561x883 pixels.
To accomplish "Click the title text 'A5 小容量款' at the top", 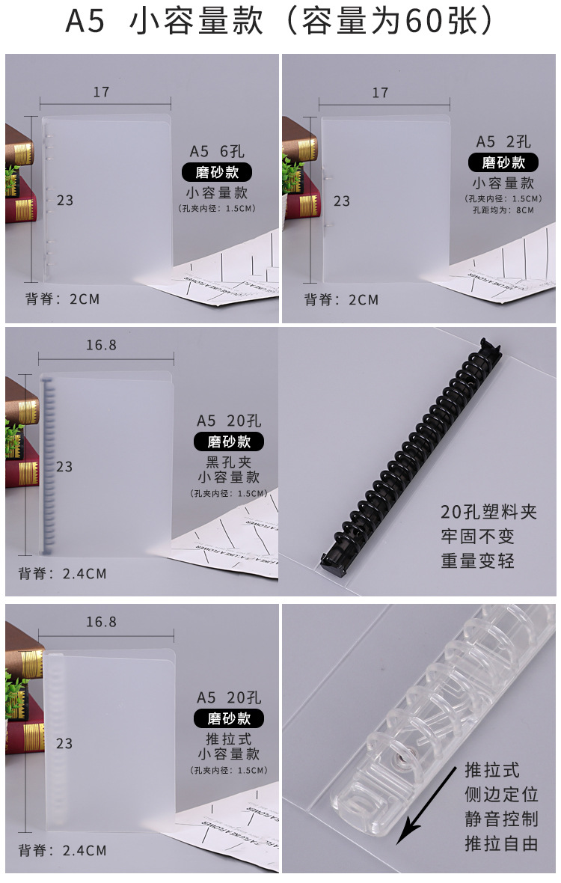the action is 164,21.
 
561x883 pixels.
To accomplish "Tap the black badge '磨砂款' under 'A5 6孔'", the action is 217,172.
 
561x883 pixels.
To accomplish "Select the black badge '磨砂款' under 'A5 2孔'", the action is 503,162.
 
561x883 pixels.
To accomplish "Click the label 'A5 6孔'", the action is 217,151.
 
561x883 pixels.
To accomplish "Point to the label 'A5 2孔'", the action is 503,141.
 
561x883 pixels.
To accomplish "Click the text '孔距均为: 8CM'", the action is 503,210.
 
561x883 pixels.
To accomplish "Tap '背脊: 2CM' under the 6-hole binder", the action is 63,299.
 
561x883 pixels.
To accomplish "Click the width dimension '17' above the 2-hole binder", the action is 381,92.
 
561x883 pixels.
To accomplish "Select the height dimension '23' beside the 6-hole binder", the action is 65,201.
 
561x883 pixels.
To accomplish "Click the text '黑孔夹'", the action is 228,462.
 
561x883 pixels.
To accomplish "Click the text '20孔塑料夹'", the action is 488,512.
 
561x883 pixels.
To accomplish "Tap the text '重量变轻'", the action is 478,561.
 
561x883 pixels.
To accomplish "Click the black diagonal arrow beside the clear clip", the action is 426,806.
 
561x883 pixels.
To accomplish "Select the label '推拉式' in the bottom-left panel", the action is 228,739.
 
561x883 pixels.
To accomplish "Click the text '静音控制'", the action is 501,819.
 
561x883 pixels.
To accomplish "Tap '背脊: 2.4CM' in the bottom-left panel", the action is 63,850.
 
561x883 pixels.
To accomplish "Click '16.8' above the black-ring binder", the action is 101,345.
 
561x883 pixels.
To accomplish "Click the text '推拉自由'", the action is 501,843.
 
